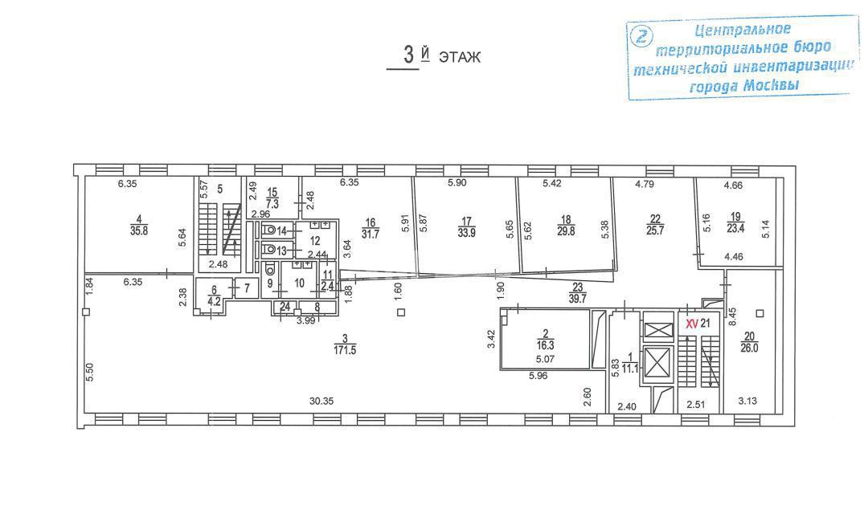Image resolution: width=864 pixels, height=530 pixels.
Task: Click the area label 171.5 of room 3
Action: [345, 349]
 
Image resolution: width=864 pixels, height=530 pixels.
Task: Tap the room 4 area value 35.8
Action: [139, 231]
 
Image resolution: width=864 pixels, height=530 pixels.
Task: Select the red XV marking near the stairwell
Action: [691, 324]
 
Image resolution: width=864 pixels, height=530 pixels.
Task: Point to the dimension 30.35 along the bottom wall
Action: [321, 402]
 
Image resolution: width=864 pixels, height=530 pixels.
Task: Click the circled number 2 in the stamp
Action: [642, 36]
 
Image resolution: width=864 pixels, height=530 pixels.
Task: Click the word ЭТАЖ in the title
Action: [460, 57]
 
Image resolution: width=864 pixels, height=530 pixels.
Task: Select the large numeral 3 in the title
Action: [409, 55]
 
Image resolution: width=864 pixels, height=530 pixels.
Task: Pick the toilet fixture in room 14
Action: [269, 230]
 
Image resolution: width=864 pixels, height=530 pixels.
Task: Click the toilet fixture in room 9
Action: [270, 269]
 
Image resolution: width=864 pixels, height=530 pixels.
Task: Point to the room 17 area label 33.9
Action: [466, 232]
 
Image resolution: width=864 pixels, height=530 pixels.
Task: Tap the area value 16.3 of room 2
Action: [546, 346]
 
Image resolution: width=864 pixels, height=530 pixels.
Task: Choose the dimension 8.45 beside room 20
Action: [731, 318]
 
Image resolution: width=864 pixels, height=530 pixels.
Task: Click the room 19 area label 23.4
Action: [735, 228]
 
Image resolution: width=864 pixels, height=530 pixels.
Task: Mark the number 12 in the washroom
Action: [315, 241]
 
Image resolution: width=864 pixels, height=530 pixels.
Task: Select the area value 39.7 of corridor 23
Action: [577, 299]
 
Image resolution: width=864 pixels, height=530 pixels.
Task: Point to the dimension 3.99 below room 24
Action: [306, 320]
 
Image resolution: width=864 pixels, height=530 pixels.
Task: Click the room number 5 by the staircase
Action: [220, 190]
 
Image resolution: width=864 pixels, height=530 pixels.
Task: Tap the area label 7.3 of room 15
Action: [272, 204]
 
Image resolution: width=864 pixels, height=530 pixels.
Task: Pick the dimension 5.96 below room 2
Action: [538, 377]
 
